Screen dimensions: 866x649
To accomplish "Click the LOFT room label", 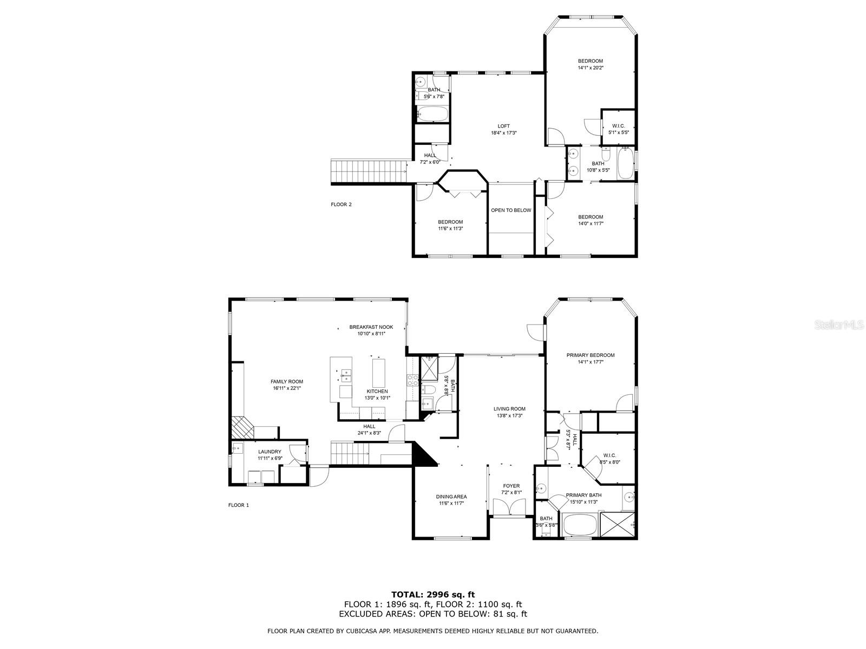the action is point(503,126).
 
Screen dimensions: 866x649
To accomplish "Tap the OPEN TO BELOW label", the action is point(511,210).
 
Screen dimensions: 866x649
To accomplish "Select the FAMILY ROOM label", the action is point(287,381).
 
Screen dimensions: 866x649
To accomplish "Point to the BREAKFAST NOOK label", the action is point(371,327).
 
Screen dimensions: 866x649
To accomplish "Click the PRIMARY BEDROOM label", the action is point(591,355).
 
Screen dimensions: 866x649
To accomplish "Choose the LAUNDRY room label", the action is point(270,452).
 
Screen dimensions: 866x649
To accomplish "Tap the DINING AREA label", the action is point(451,496).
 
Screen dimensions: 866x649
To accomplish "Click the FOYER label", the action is point(511,486).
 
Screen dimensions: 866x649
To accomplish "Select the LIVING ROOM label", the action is point(509,409).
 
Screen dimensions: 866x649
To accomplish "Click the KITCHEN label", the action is point(377,391).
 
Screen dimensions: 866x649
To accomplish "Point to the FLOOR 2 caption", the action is point(342,204).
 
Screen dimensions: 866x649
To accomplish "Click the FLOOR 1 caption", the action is point(239,505).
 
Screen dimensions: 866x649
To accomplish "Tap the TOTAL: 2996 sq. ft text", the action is point(433,594).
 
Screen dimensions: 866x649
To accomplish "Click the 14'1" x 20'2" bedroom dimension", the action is point(591,68).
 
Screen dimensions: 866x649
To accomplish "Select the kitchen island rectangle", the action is point(379,373).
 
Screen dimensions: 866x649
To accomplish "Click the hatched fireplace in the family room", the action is point(242,428).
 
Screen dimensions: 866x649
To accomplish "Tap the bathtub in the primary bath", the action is point(579,525).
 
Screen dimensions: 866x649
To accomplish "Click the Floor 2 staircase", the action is point(369,171).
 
